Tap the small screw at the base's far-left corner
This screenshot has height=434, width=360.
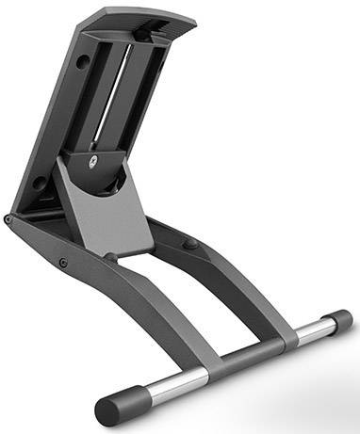[8, 219]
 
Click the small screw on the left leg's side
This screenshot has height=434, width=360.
[62, 263]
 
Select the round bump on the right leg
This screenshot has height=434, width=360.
[191, 244]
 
